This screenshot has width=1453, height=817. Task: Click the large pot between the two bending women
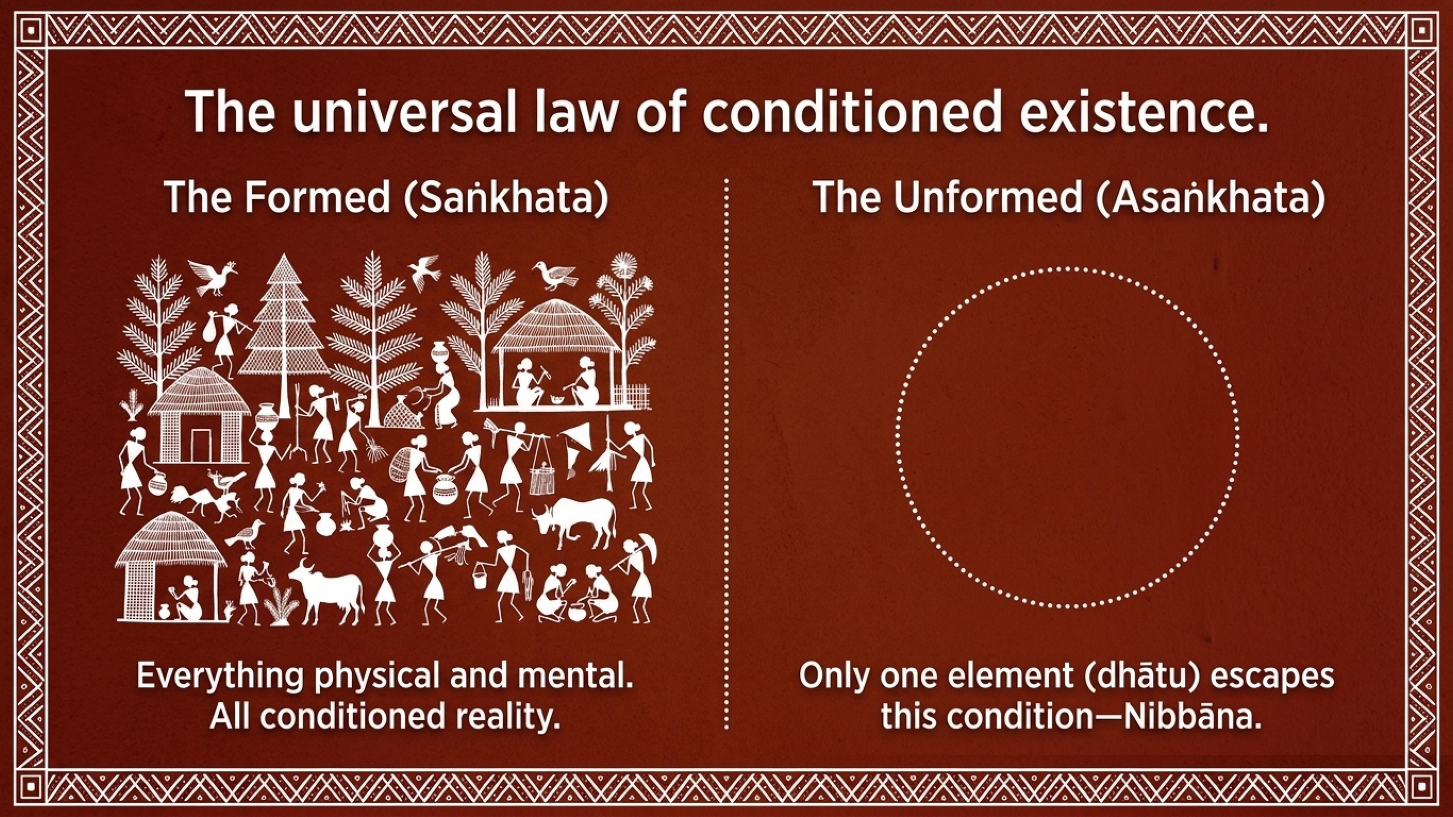pyautogui.click(x=446, y=488)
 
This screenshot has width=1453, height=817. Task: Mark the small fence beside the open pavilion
pyautogui.click(x=632, y=394)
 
